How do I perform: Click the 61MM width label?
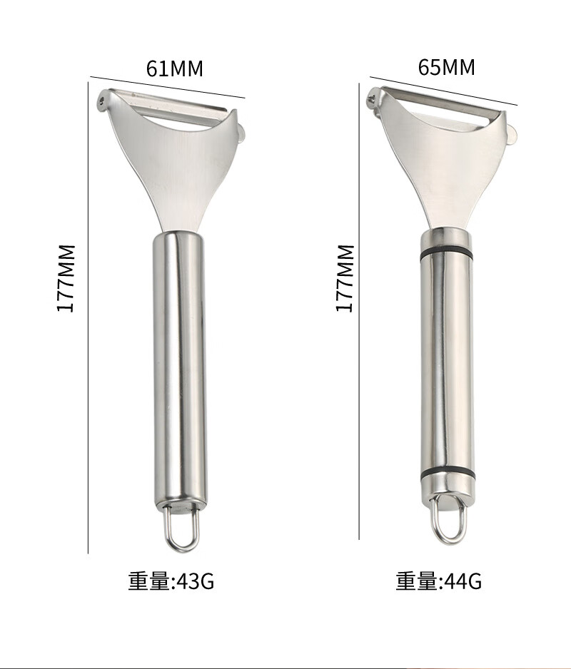click(x=175, y=68)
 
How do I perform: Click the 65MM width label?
click(x=446, y=67)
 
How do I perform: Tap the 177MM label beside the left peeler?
click(x=66, y=278)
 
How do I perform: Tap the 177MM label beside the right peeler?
click(x=345, y=278)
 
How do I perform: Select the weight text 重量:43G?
click(x=171, y=581)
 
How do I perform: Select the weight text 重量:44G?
click(x=439, y=581)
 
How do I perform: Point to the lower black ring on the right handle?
click(x=447, y=475)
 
